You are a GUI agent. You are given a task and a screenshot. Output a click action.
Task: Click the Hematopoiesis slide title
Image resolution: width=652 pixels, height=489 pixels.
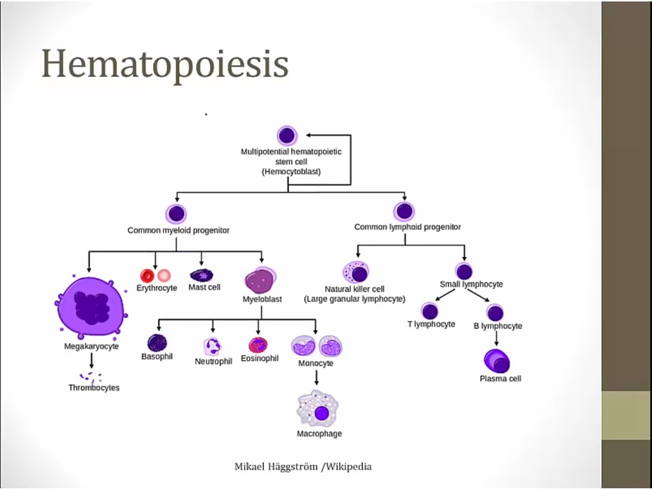coord(165,64)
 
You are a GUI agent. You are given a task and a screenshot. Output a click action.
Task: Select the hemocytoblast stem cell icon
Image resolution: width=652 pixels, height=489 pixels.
coord(287,135)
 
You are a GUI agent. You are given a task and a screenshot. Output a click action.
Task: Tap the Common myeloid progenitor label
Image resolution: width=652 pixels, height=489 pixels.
coord(178,230)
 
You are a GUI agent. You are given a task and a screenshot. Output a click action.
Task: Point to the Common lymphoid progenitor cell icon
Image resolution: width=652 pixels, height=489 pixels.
coord(404,212)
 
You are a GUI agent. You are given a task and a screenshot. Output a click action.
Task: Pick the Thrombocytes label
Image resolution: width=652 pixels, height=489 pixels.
coord(94,388)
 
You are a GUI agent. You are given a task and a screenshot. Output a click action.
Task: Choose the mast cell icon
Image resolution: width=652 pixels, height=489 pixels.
coord(201,275)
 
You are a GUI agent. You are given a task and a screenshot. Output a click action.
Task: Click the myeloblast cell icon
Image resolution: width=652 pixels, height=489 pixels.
coord(260,279)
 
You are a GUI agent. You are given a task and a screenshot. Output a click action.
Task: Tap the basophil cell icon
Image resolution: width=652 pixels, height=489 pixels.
coord(157,343)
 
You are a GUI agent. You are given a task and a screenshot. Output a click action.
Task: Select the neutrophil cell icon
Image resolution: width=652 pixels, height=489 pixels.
coord(213,346)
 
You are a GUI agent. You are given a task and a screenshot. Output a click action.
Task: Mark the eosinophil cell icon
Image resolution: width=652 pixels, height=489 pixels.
coord(259,345)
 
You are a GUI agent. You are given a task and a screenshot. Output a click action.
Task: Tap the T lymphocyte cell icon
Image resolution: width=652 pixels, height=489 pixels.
coord(430,312)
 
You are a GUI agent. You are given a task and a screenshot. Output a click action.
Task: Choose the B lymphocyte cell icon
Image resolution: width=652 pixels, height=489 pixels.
coord(496,313)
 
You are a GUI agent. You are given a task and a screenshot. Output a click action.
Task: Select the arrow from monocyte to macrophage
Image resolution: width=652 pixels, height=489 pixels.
coord(317,377)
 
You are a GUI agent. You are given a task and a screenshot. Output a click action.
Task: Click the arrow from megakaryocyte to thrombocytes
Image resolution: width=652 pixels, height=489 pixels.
coord(91,360)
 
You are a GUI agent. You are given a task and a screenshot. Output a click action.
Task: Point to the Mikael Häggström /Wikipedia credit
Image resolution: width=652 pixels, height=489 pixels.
coord(303,467)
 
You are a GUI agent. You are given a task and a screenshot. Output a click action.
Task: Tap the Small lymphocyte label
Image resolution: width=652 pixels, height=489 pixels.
coord(471,285)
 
